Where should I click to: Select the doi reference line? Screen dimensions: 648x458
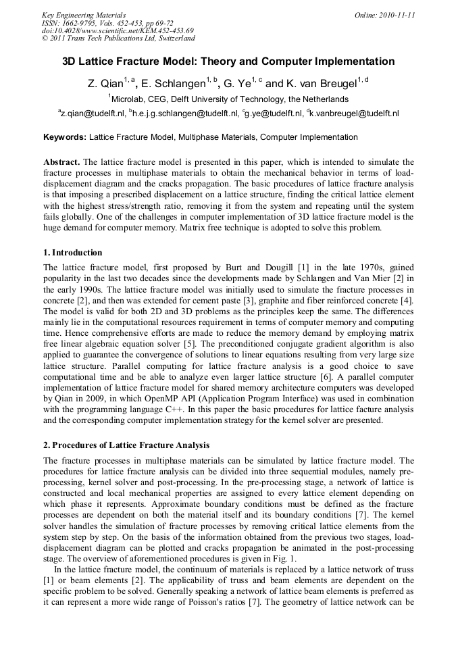[118, 30]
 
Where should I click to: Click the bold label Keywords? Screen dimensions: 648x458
[64, 137]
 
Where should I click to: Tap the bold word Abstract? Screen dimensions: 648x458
[61, 161]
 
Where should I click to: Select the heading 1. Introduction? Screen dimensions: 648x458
[73, 253]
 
